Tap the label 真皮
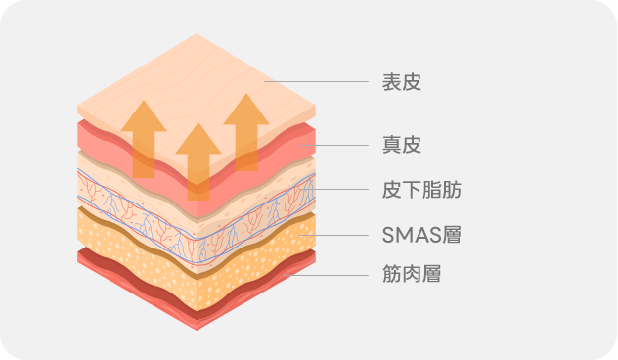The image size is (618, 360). [401, 146]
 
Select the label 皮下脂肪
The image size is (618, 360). [420, 190]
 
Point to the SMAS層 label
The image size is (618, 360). [420, 235]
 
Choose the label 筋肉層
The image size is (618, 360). [411, 275]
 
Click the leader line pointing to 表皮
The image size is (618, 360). [313, 82]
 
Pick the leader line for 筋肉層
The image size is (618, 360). [328, 275]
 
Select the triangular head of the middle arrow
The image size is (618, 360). [199, 140]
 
